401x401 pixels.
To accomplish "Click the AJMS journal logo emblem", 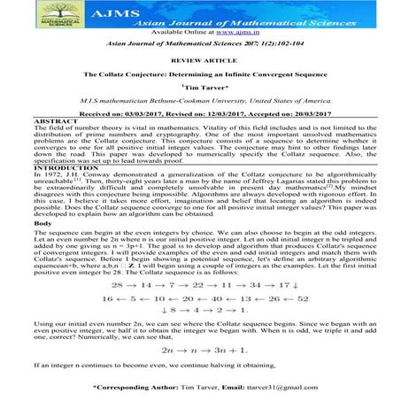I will [42, 14].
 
